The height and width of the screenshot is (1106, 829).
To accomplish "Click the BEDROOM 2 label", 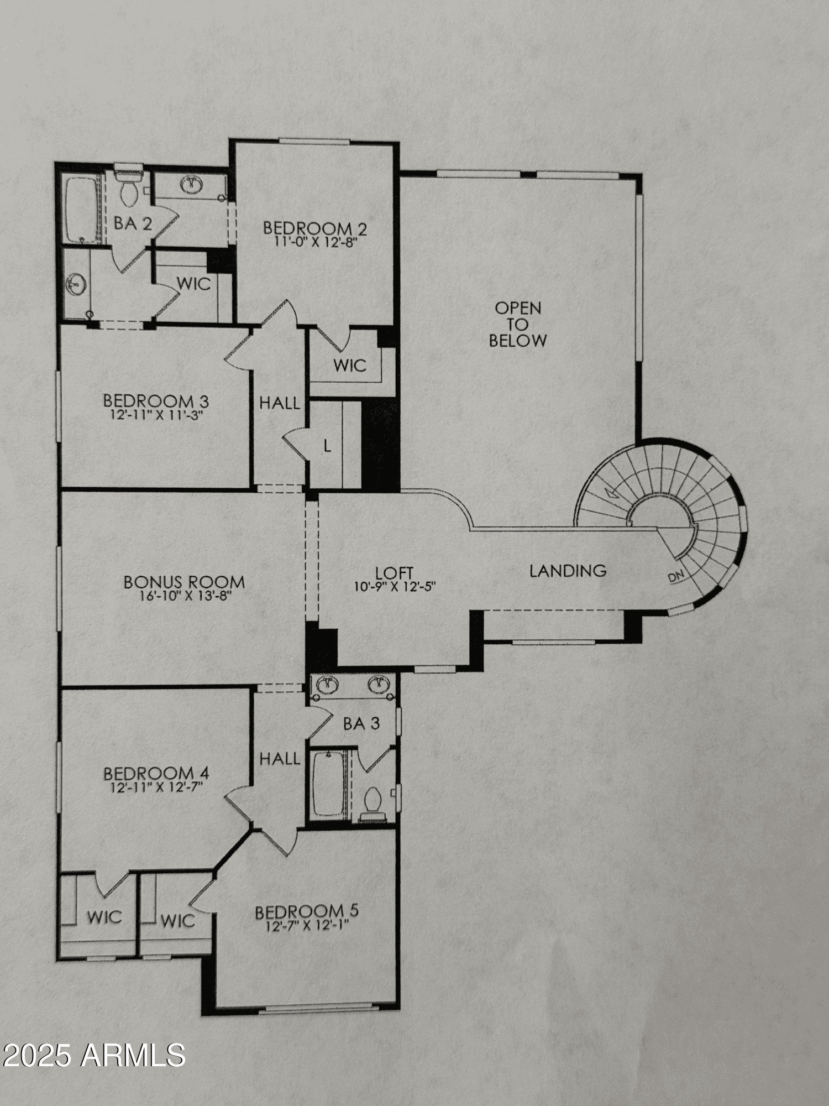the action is [x=315, y=228].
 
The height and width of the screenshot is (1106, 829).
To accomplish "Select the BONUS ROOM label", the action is [x=184, y=582].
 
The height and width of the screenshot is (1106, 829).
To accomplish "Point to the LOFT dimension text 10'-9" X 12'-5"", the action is [x=395, y=586].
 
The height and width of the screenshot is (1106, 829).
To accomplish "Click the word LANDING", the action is [x=568, y=570].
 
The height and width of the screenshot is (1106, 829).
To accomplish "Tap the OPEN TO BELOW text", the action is [x=518, y=324].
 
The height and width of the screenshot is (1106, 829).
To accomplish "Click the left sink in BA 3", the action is [x=328, y=685].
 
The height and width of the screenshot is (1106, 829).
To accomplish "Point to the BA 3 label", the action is [x=361, y=723].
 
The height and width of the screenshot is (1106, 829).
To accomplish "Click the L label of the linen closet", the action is [x=327, y=446].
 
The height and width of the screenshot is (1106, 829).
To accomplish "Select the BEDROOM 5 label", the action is [x=307, y=911].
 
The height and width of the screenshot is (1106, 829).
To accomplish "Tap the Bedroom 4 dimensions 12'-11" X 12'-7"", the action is [x=157, y=787].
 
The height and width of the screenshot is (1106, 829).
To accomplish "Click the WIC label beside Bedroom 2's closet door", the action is [x=350, y=365].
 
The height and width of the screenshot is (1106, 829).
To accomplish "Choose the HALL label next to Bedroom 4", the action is [x=280, y=759].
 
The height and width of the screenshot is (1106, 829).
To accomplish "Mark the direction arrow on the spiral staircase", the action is [x=611, y=491].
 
